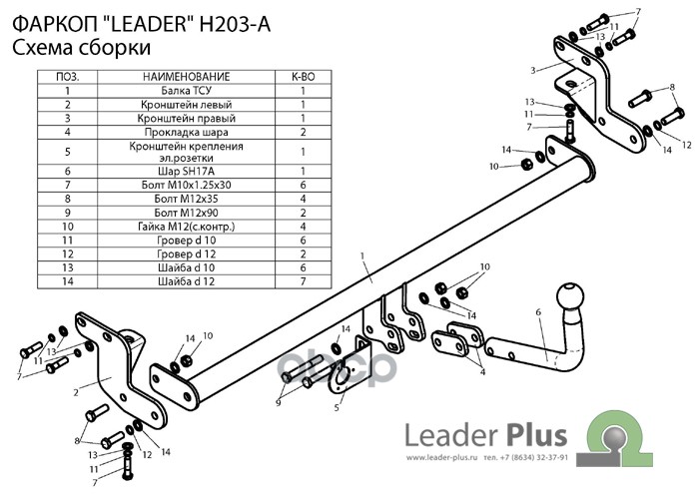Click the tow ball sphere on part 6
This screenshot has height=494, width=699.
[x=570, y=296]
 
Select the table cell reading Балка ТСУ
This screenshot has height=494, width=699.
[x=187, y=91]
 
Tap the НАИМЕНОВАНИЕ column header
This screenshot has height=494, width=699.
[x=187, y=77]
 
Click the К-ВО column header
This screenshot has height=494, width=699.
[x=304, y=77]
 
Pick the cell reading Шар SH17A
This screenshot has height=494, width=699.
[x=187, y=172]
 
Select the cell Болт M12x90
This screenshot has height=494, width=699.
[x=187, y=213]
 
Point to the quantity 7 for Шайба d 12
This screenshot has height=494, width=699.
[x=304, y=281]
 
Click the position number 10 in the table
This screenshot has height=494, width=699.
[x=67, y=227]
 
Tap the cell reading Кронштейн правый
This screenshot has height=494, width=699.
[x=187, y=119]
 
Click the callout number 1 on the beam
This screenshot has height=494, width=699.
[x=362, y=256]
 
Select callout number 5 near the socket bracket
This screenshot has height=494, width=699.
[x=338, y=407]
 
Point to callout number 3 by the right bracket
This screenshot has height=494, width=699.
[x=533, y=71]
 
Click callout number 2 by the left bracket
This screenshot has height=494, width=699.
[x=76, y=392]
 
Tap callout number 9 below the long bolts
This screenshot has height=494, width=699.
[x=279, y=403]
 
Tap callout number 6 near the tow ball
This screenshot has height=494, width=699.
[x=538, y=312]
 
